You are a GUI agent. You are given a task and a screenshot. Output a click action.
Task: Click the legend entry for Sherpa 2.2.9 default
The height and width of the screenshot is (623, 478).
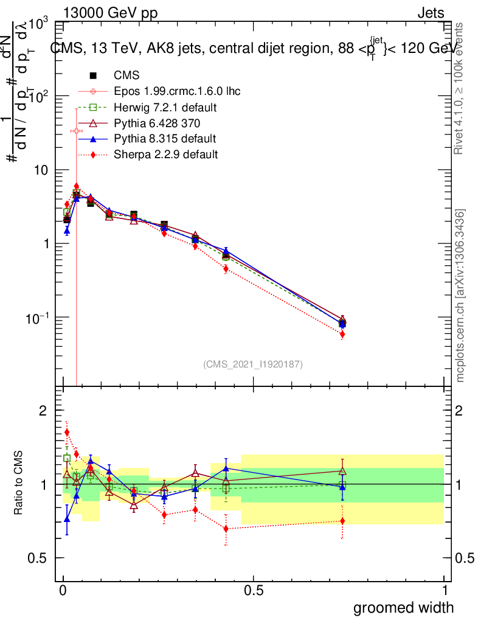coord(165,155)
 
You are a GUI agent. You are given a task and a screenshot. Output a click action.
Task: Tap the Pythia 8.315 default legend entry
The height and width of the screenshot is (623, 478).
coord(165,139)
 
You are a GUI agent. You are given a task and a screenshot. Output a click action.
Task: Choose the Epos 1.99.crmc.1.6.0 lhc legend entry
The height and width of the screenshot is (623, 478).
coord(177,91)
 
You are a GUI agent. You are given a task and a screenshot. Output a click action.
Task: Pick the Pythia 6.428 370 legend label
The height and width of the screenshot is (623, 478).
coord(157,123)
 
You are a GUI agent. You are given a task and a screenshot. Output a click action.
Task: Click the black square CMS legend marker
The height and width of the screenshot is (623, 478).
coord(93,75)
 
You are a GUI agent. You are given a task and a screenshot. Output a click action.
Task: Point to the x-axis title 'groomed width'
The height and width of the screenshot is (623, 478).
coord(403,607)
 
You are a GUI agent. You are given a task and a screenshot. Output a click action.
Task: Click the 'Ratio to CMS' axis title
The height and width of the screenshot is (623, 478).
coord(20,484)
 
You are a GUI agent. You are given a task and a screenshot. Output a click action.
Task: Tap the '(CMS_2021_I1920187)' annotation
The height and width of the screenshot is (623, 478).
coord(253,364)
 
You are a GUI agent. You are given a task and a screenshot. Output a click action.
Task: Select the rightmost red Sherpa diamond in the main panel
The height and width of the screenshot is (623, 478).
coord(342,334)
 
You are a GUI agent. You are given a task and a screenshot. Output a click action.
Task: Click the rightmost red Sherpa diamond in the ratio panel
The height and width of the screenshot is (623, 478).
coord(342,521)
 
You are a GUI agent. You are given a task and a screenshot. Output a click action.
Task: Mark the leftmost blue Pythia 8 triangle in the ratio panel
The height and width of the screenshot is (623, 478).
coord(67,519)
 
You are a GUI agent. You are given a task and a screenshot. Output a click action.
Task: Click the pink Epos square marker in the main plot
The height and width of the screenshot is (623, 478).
coord(76,131)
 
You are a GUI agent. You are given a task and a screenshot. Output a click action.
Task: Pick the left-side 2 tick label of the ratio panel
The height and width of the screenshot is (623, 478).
coord(43,411)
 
